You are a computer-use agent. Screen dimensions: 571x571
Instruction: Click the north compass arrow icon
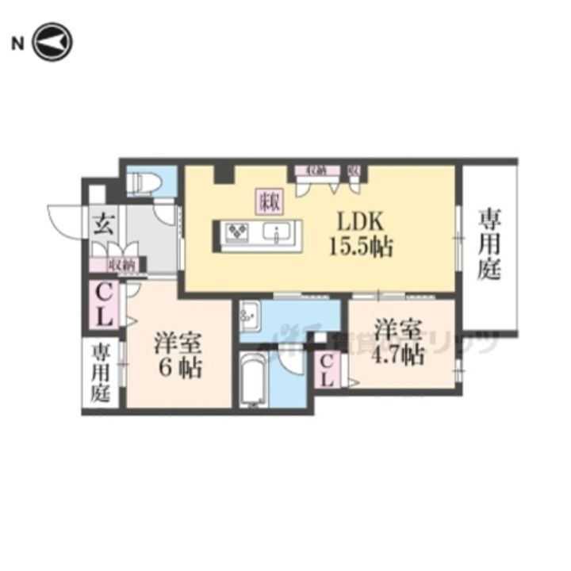[53, 43]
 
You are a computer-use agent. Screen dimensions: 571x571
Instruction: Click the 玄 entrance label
[102, 224]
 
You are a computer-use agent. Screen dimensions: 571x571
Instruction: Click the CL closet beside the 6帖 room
[105, 305]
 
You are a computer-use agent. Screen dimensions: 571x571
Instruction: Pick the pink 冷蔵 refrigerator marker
[266, 202]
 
